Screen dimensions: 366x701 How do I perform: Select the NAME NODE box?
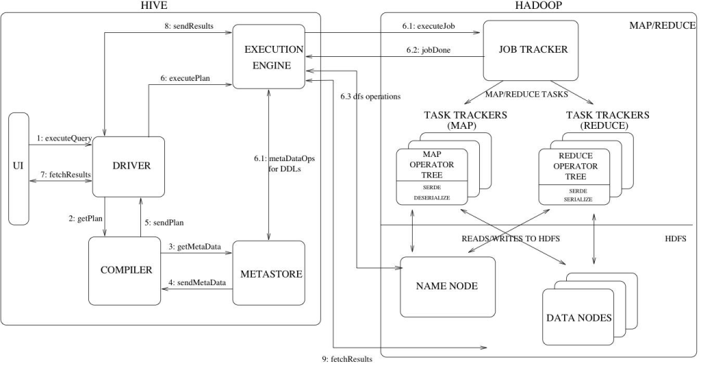point(446,286)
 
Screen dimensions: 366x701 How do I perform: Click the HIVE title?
point(158,5)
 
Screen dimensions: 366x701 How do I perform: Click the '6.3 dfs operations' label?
point(370,96)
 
